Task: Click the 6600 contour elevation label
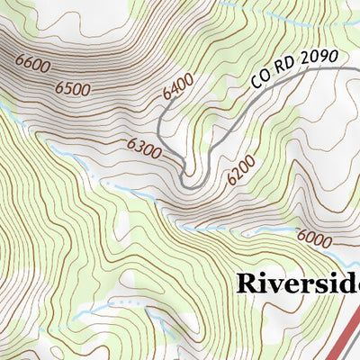point(33,65)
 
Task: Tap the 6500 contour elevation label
point(73,88)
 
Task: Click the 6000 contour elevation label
point(313,238)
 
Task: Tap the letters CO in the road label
point(260,78)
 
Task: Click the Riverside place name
point(298,283)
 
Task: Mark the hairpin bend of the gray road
point(188,181)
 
